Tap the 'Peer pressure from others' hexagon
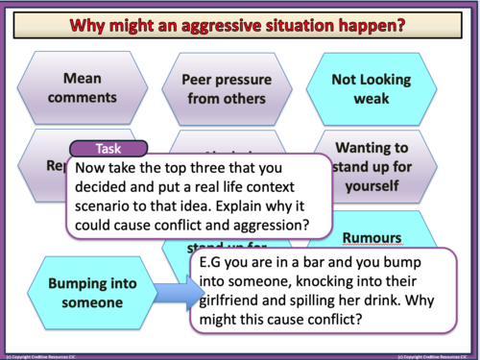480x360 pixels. (222, 86)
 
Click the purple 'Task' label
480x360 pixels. (108, 149)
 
